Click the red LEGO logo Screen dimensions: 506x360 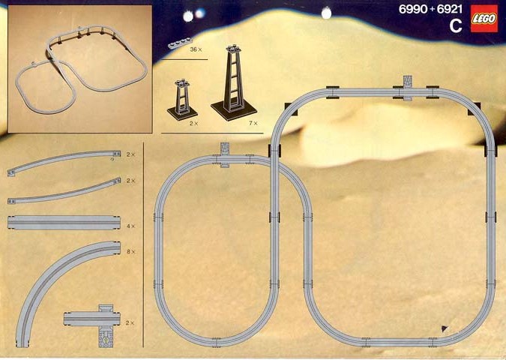click(484, 19)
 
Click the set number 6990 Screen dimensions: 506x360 click(413, 9)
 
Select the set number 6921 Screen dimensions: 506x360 click(450, 9)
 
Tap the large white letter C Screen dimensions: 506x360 click(456, 26)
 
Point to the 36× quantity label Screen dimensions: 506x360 click(196, 49)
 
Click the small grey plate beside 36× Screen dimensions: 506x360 click(180, 43)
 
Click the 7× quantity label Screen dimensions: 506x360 click(253, 123)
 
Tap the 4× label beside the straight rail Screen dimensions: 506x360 click(130, 226)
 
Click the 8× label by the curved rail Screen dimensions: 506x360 click(131, 251)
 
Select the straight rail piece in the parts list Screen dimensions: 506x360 click(64, 223)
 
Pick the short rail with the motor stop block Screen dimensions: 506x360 click(93, 319)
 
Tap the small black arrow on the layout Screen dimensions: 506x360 click(445, 329)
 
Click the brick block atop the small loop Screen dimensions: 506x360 click(225, 148)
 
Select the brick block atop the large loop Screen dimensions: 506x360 click(408, 82)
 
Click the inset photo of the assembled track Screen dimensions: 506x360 click(79, 68)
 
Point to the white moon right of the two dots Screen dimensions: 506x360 click(327, 13)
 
